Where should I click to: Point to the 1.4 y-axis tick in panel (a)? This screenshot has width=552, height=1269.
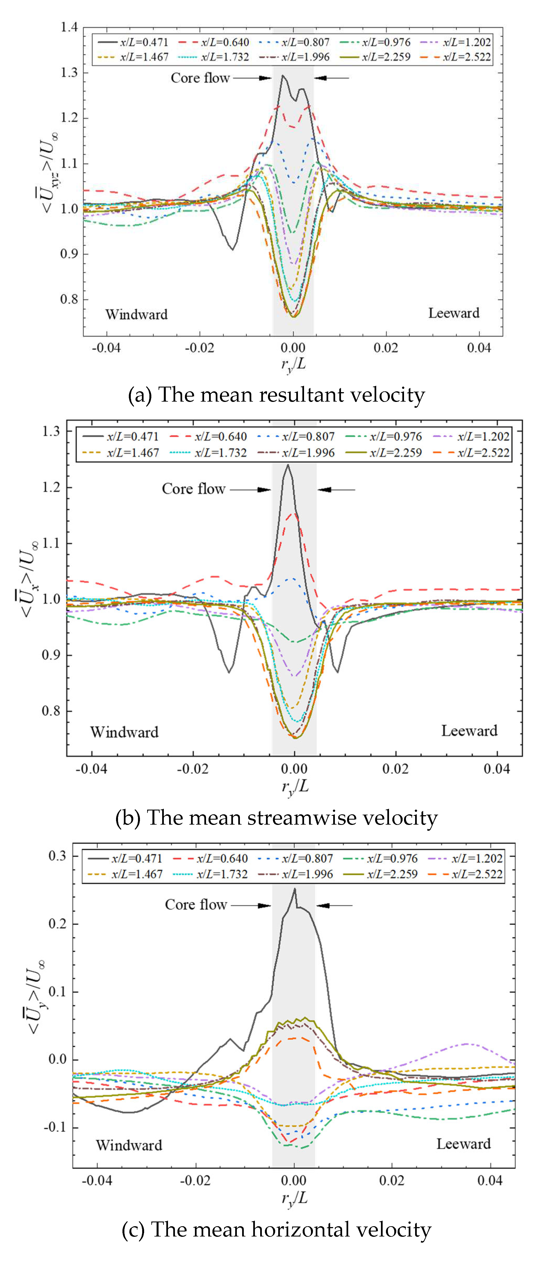tap(69, 27)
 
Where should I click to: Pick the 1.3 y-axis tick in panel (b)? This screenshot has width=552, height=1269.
tap(51, 432)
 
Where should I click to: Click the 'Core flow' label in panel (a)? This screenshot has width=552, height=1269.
tap(200, 78)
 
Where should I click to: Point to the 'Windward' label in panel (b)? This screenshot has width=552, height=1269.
tap(124, 732)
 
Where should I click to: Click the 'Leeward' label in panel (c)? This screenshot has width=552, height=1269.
tap(463, 1143)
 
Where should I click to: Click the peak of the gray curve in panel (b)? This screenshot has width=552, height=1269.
tap(288, 465)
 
